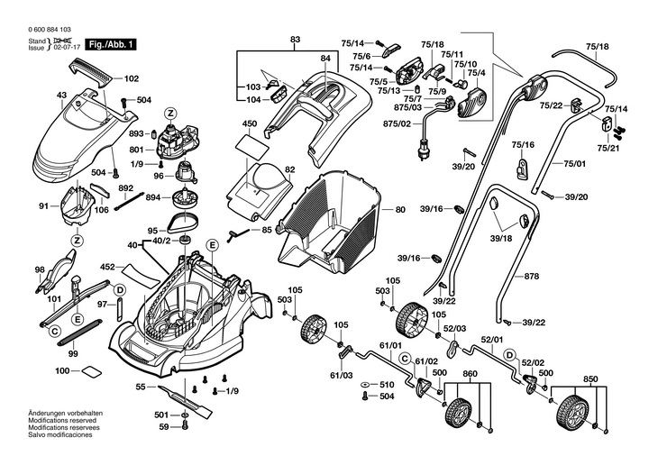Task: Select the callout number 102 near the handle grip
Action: click(131, 78)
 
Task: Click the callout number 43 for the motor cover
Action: click(61, 96)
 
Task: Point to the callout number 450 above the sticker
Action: click(250, 123)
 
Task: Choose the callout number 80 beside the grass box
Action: click(400, 210)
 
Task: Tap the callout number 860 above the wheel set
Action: click(470, 373)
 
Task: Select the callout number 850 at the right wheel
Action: click(590, 378)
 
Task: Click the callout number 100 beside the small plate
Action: click(62, 371)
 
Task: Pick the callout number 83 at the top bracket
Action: click(295, 40)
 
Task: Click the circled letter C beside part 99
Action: click(55, 333)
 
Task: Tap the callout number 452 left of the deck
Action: click(107, 267)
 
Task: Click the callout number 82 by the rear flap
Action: click(290, 169)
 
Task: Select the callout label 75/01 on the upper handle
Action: click(574, 163)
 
